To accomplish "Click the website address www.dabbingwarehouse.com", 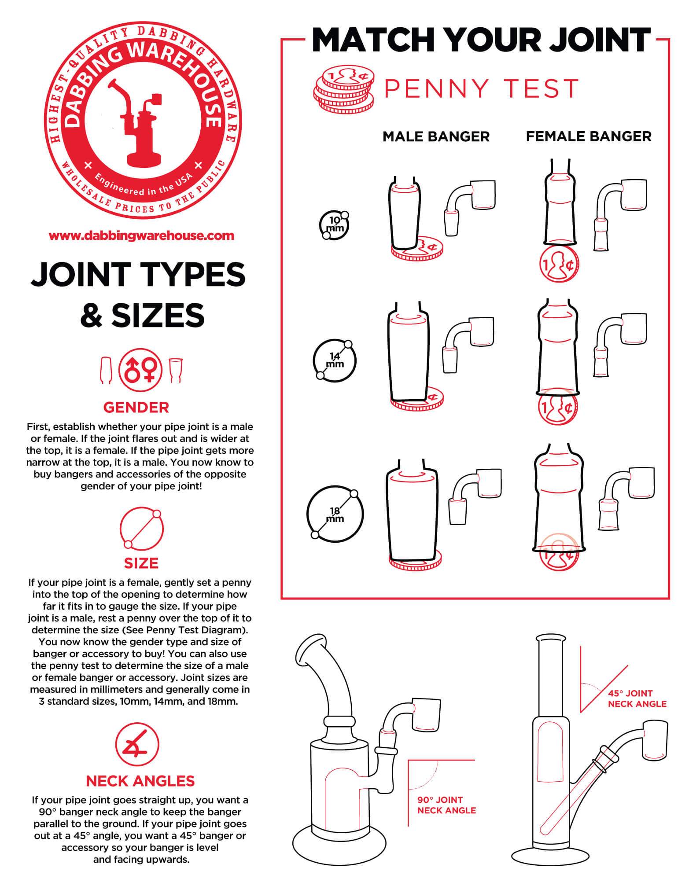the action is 141,235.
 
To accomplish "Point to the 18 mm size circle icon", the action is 335,513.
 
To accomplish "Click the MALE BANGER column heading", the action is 436,136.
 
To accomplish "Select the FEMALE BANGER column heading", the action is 589,136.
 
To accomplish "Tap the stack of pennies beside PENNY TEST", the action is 344,89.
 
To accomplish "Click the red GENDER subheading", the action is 136,407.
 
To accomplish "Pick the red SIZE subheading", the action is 141,563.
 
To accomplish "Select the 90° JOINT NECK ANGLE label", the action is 447,805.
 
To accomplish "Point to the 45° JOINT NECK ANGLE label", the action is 637,699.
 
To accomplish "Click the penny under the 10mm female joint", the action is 559,264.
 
